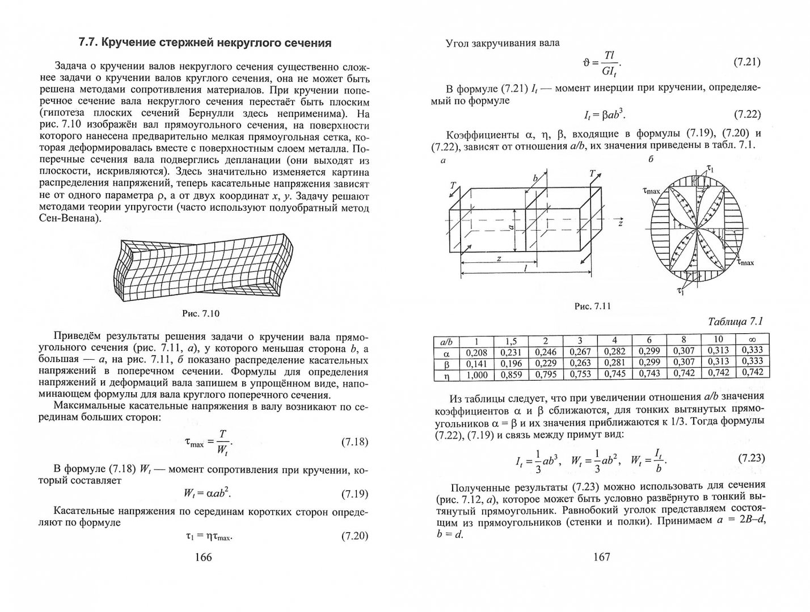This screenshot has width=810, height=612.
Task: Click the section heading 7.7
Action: [204, 43]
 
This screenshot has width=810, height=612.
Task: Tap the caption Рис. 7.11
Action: [593, 307]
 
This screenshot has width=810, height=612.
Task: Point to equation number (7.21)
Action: [747, 63]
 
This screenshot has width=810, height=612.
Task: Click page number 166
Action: [202, 557]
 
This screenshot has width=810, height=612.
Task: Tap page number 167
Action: [601, 557]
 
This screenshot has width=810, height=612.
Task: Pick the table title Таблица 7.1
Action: [735, 322]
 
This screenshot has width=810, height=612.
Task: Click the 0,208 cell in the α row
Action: [476, 352]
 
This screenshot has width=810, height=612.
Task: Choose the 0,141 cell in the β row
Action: [476, 363]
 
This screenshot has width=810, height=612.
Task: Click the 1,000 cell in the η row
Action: [476, 373]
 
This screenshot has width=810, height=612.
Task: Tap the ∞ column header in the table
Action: [752, 341]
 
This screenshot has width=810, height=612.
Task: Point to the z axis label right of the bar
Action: [621, 223]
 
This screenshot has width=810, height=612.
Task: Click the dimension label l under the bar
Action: [525, 270]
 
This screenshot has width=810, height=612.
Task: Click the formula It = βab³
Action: [604, 114]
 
